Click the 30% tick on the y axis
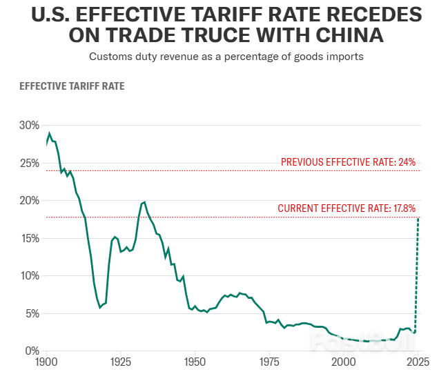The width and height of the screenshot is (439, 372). [30, 126]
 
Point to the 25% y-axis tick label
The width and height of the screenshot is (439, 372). [30, 163]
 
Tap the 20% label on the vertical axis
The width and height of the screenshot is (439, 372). [30, 201]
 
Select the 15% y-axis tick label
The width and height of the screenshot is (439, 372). [30, 238]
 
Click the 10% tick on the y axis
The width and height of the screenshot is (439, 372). [30, 276]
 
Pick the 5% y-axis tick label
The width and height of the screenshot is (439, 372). [32, 313]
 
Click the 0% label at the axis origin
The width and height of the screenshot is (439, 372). [32, 351]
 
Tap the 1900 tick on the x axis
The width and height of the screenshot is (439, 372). [46, 362]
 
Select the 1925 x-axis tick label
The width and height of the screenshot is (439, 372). [121, 362]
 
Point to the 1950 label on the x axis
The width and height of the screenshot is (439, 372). [195, 362]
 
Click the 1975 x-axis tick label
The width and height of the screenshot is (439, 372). [269, 362]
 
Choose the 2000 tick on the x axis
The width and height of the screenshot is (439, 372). [343, 362]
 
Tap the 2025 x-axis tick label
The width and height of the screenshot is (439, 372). [417, 362]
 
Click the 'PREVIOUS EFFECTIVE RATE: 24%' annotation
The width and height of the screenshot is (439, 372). [348, 163]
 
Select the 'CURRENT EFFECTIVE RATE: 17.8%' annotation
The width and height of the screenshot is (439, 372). [347, 208]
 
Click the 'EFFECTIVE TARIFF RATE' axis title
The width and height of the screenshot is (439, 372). [72, 87]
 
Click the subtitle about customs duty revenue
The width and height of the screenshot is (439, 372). [226, 57]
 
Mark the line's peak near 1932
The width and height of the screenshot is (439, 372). [144, 202]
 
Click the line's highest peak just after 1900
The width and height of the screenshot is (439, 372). [49, 133]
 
